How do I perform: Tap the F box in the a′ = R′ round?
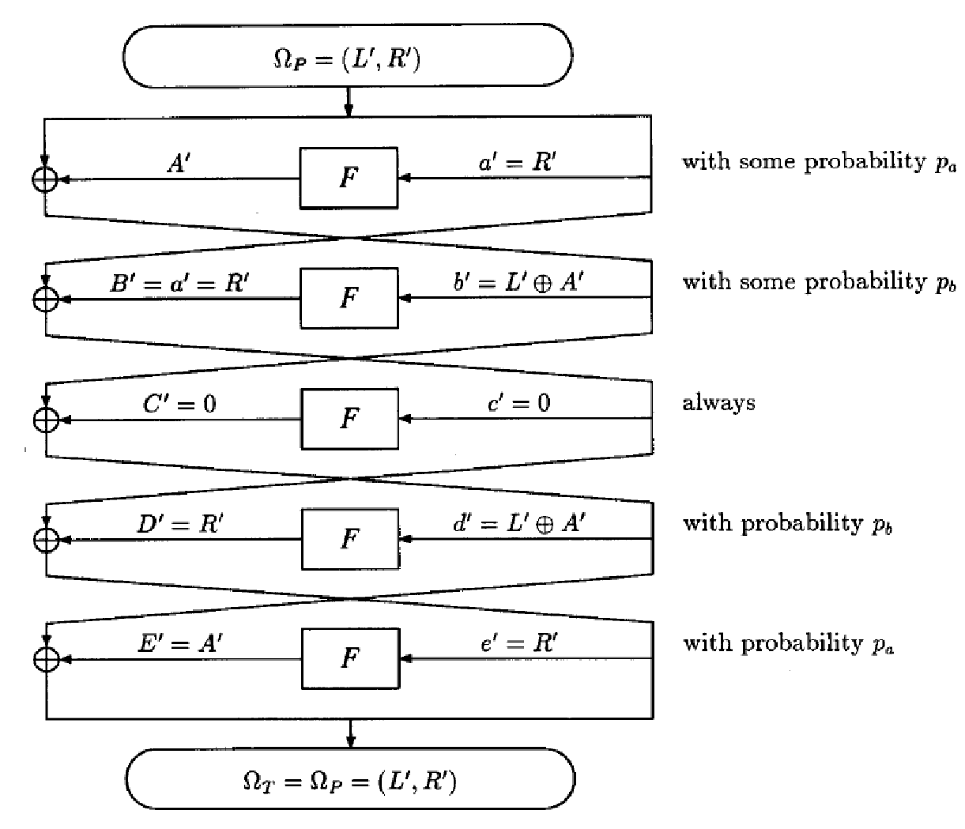click(348, 178)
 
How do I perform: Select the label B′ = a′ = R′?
click(180, 283)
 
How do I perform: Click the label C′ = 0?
click(179, 404)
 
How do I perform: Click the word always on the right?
click(718, 404)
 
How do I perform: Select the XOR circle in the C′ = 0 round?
click(47, 420)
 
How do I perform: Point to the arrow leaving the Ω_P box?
click(349, 102)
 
